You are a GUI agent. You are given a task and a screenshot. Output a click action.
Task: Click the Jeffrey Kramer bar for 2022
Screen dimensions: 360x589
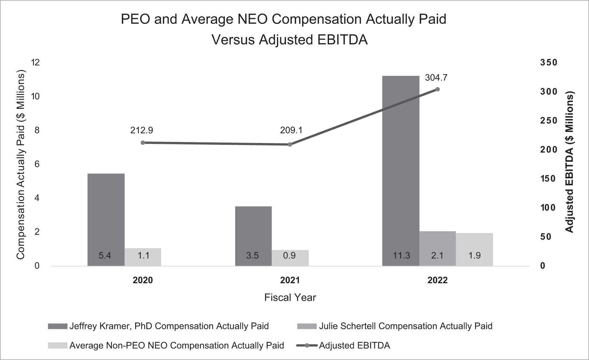[401, 169]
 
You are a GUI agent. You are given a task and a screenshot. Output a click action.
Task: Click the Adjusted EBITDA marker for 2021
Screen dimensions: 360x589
[290, 144]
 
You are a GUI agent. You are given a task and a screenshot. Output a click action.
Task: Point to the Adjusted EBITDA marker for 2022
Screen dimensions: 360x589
[437, 89]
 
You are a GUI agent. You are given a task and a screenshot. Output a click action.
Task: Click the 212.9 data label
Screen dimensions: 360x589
[142, 130]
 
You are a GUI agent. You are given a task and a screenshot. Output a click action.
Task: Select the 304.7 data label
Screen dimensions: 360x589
[436, 78]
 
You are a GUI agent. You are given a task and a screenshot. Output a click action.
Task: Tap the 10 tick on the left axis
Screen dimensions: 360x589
[35, 96]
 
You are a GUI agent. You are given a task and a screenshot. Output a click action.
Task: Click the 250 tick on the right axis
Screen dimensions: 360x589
[548, 121]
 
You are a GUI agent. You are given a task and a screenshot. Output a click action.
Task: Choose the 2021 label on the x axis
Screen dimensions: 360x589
[290, 280]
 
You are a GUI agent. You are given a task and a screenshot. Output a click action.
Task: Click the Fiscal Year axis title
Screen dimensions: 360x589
[290, 297]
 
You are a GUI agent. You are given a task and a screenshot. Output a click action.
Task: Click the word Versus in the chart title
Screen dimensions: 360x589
[233, 40]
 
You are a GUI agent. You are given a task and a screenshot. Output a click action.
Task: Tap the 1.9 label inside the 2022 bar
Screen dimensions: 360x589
[474, 255]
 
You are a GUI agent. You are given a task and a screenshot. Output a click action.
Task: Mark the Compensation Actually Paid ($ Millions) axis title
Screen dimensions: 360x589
[20, 165]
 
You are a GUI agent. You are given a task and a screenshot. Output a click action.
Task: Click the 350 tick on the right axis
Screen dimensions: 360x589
[548, 63]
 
